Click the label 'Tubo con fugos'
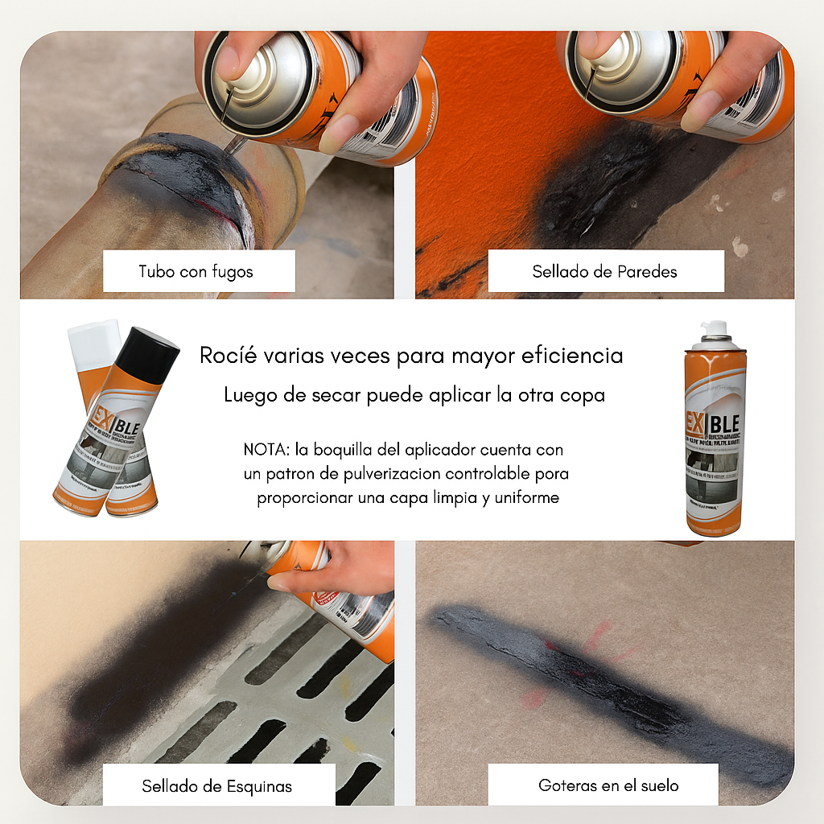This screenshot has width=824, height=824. [x=196, y=272]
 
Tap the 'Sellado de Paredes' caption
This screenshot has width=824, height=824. [x=604, y=272]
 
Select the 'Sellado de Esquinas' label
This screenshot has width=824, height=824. [x=217, y=785]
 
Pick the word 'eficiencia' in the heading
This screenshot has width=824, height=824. [x=575, y=356]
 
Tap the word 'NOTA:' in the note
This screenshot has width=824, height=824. [x=262, y=449]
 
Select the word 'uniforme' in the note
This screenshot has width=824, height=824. [x=522, y=498]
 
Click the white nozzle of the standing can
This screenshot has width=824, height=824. [x=714, y=329]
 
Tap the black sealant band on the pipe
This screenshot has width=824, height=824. [x=181, y=173]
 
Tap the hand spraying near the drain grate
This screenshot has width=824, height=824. [x=338, y=567]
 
